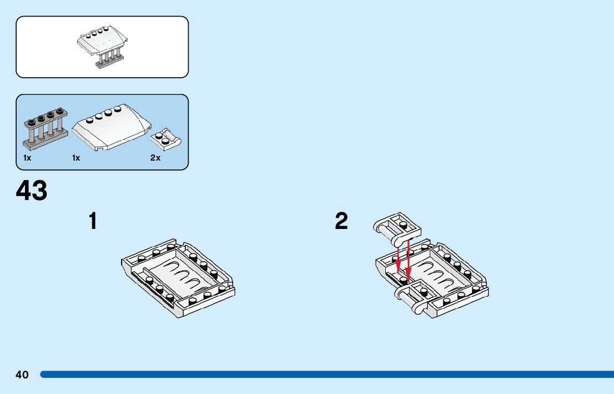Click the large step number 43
[x=32, y=191]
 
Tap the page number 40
[x=22, y=375]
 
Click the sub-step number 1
[x=93, y=221]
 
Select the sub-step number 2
[x=341, y=221]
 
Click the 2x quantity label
[x=155, y=158]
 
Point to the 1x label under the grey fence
[x=28, y=158]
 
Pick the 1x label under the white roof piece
[x=77, y=158]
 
